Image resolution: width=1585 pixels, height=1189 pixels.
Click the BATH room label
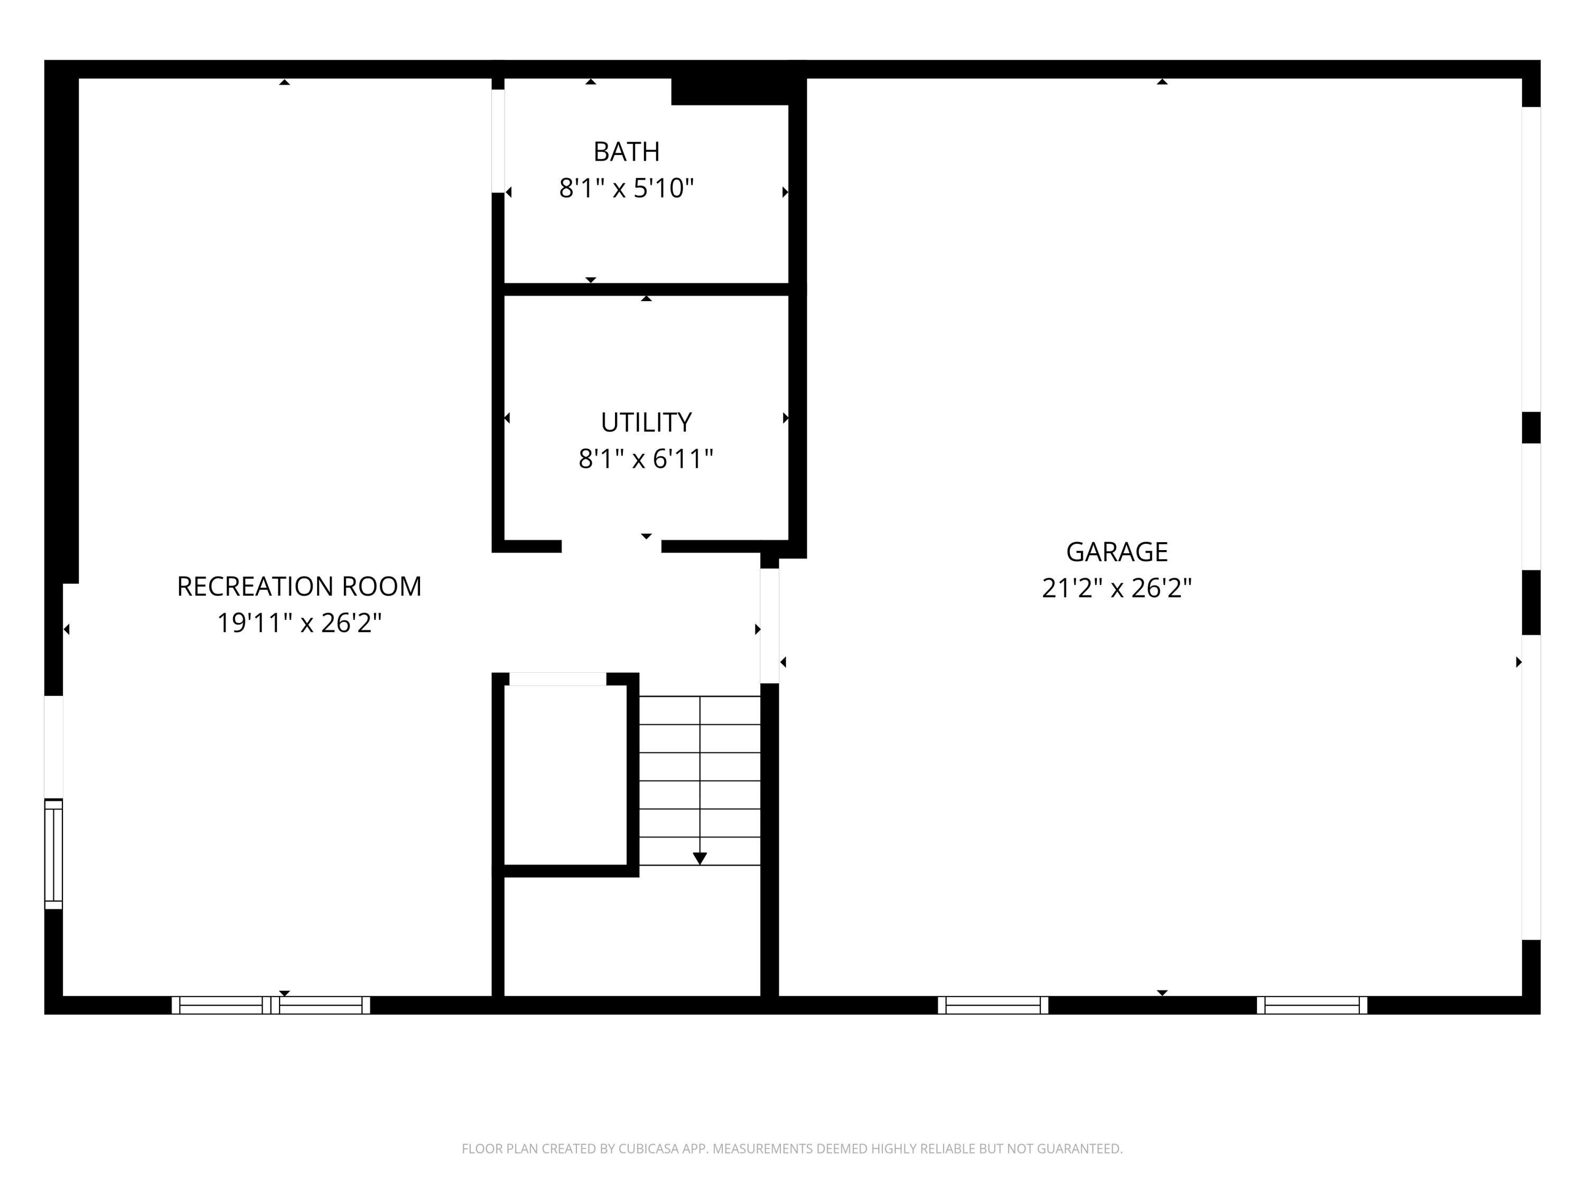tap(626, 152)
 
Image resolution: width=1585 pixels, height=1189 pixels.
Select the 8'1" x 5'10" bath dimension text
tap(626, 189)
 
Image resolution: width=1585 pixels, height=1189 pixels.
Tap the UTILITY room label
tap(646, 423)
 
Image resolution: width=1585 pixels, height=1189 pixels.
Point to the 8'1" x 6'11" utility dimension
tap(646, 459)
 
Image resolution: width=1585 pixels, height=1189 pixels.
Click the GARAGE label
tap(1116, 552)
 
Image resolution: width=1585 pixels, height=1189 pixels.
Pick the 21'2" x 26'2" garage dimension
tap(1116, 588)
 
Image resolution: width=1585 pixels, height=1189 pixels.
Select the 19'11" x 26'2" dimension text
tap(299, 624)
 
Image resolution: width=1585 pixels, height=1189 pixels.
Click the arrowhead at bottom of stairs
tap(700, 858)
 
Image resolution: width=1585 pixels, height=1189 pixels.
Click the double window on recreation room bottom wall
tap(271, 1005)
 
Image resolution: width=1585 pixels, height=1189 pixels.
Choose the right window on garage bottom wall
tap(1312, 1005)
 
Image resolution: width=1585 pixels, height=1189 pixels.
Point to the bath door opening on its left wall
tap(498, 141)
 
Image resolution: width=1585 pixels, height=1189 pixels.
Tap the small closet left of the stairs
tap(565, 775)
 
